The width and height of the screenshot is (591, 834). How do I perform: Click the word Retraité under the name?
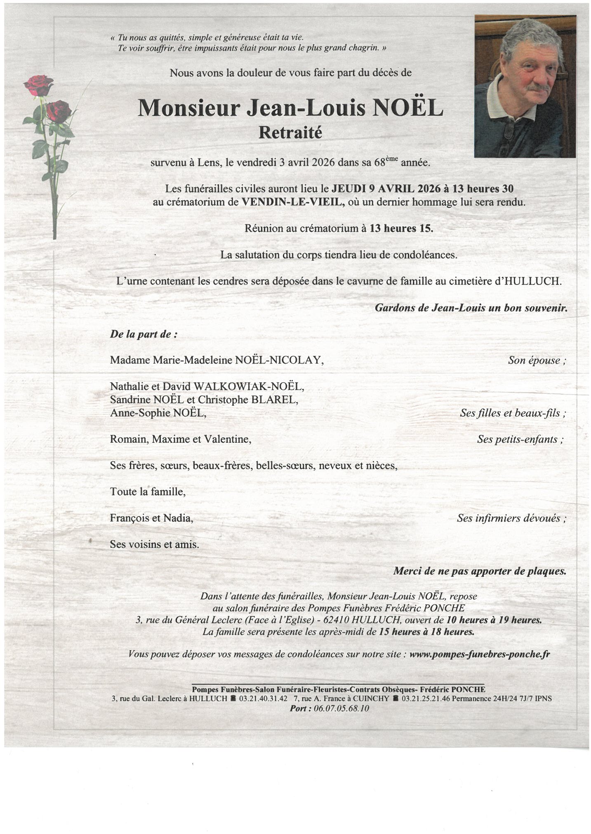coord(290,133)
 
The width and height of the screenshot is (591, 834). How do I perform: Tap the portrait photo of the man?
coord(525,87)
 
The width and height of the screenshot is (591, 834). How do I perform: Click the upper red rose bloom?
coord(38,85)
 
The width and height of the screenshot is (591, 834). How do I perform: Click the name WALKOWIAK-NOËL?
coord(248,386)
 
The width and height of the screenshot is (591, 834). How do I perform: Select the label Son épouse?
coord(537,360)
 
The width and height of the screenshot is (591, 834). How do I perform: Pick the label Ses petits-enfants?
coord(520,439)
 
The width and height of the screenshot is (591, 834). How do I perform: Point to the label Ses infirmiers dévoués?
coord(511,518)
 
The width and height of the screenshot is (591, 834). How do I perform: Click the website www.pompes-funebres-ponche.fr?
coord(479,654)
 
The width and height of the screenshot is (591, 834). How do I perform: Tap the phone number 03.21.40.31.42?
coord(263,698)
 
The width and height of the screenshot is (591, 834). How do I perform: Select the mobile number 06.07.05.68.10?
coord(341,708)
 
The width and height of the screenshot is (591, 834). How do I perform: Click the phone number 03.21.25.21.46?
coord(426,698)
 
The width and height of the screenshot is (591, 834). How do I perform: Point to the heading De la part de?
coord(144,334)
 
